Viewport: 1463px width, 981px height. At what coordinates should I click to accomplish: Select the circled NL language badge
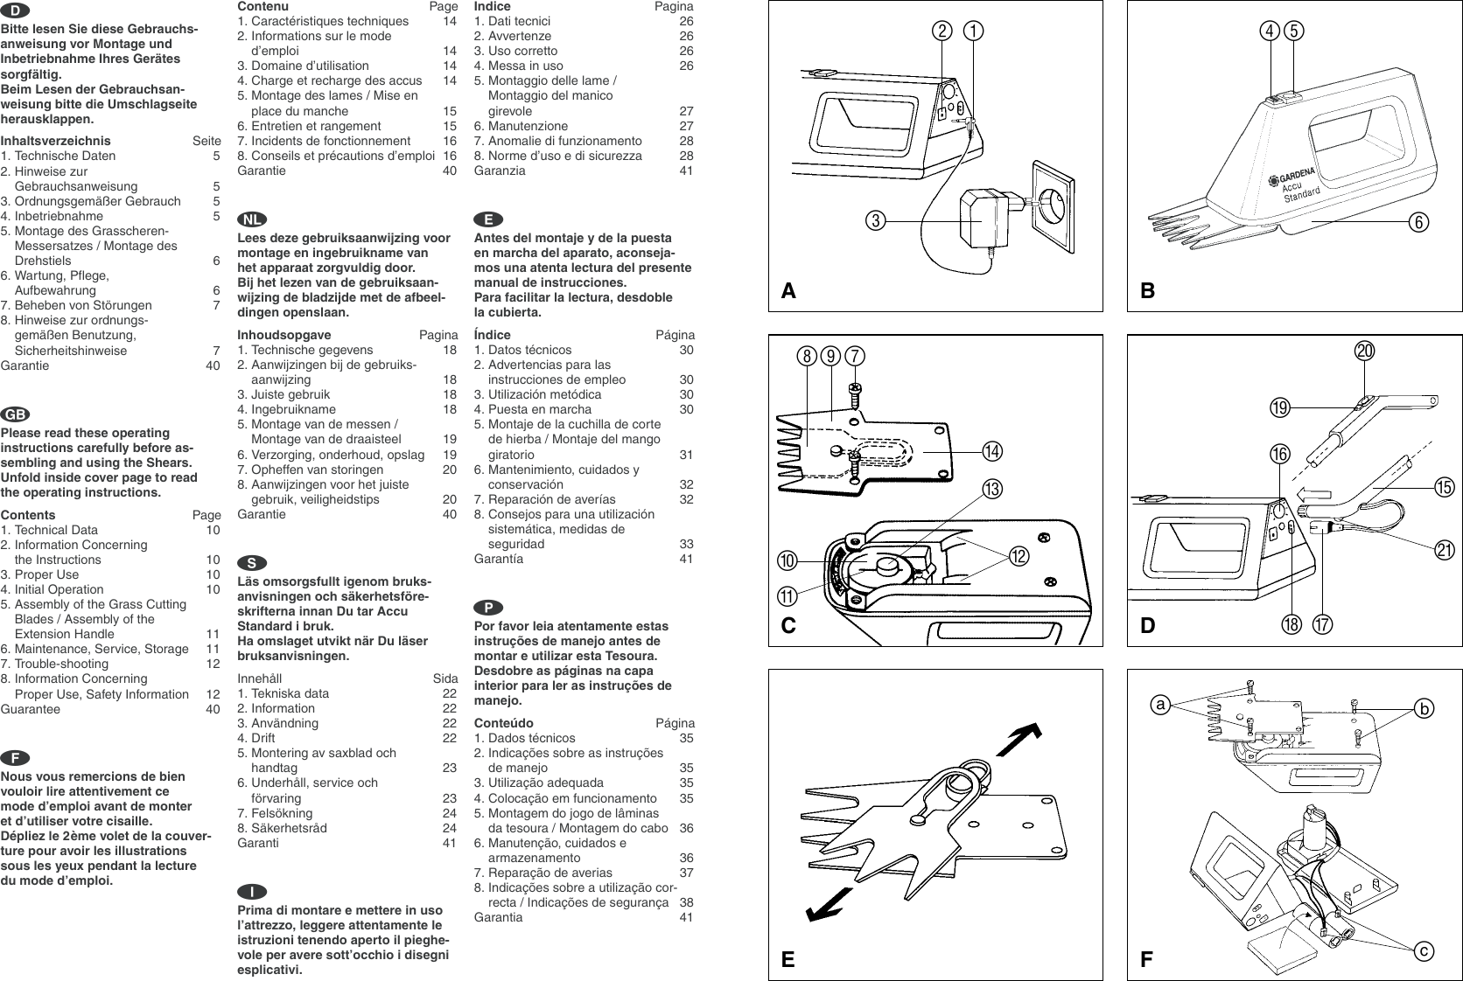tap(249, 218)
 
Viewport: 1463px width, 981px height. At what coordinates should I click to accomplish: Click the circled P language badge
tap(485, 606)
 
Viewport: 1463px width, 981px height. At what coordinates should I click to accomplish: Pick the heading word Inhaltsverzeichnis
tap(56, 141)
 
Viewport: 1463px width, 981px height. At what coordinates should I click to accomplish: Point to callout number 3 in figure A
tap(874, 220)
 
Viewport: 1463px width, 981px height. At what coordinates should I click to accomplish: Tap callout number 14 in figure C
tap(992, 451)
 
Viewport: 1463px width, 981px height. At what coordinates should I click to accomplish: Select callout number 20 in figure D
tap(1364, 351)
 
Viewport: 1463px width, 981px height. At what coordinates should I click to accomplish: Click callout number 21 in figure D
tap(1444, 550)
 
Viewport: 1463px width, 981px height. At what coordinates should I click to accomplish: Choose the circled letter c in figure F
tap(1424, 950)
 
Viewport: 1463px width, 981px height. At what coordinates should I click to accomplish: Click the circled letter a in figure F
tap(1160, 703)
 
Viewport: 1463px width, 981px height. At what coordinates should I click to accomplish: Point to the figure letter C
tap(789, 626)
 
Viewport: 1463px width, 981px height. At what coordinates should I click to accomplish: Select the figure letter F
tap(1146, 960)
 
